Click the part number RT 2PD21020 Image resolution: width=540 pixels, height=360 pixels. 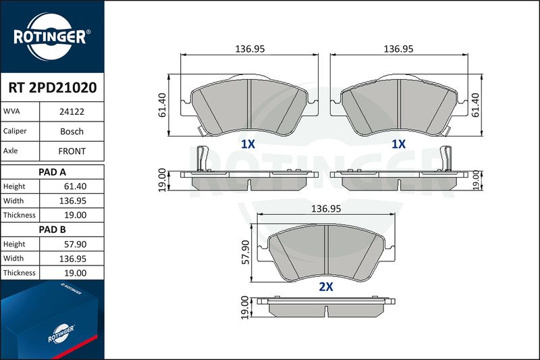point(53,88)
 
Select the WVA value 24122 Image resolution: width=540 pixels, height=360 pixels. point(72,112)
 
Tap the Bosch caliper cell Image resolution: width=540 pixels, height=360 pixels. point(72,132)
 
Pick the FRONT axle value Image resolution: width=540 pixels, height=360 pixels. point(72,151)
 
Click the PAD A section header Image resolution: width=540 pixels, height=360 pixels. point(53,172)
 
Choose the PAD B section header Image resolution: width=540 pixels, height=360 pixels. point(53,230)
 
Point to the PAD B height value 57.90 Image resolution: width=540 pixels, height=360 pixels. point(76,245)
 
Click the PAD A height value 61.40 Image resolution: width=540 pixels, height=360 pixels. point(76,186)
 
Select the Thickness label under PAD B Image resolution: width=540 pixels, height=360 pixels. point(20,273)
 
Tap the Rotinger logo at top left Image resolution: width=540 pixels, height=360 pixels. point(52,36)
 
